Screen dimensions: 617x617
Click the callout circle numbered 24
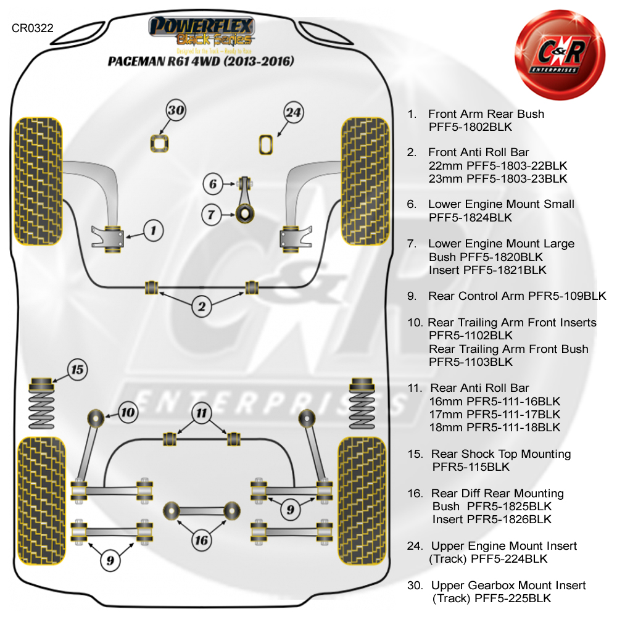(294, 112)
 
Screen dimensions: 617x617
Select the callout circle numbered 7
(212, 215)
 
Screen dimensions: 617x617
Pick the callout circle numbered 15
(77, 370)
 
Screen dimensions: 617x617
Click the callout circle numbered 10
(128, 412)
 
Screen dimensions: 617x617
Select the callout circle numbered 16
(201, 541)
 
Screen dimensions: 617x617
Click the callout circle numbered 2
(202, 306)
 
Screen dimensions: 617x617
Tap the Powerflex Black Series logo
(201, 34)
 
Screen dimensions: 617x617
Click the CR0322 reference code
(32, 28)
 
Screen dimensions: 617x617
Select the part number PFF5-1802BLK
(470, 127)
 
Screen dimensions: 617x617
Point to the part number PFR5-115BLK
(471, 467)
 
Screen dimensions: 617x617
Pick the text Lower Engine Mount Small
(501, 204)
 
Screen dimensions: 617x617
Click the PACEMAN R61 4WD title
(201, 62)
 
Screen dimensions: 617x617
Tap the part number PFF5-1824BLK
(470, 217)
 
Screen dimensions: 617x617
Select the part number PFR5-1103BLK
(470, 362)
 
